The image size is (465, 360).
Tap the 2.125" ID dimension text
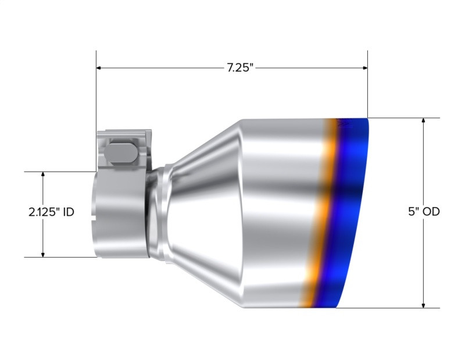(x=51, y=212)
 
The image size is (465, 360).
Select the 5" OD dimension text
(x=423, y=212)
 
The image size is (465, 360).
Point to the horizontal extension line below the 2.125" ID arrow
(x=58, y=257)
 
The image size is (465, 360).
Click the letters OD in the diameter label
(x=431, y=212)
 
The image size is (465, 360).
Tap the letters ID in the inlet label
(x=67, y=212)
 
